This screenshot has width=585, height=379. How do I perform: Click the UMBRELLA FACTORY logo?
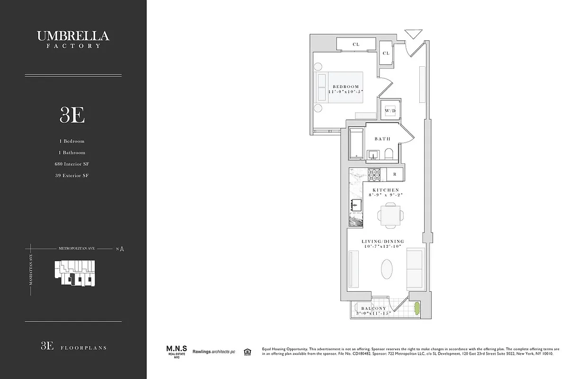coord(73,39)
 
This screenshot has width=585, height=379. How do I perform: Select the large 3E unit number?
coord(72,115)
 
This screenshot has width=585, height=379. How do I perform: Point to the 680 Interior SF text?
coord(72,164)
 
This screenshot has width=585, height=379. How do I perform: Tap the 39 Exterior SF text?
coord(72,175)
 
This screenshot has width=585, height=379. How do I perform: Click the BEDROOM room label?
coord(346,87)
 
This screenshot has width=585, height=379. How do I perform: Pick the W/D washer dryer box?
coord(390,111)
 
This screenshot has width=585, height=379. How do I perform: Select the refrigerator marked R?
coord(394,174)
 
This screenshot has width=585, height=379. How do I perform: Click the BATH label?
coord(382,139)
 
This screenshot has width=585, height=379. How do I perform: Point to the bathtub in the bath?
coord(356,144)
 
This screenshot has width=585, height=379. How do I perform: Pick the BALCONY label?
coord(374,308)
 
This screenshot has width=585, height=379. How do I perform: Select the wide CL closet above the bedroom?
coord(356,45)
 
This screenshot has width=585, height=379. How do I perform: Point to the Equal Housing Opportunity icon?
coord(247,352)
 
